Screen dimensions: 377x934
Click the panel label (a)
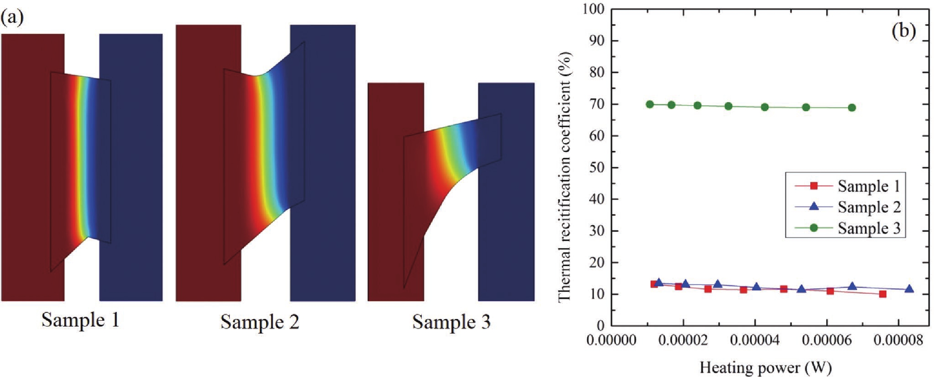[x=12, y=17]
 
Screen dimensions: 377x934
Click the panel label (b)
[x=904, y=31]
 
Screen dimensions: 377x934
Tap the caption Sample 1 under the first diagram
[x=80, y=320]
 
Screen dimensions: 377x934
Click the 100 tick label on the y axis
[x=594, y=9]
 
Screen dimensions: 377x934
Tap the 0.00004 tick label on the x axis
[x=754, y=340]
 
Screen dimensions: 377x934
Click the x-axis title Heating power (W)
[x=765, y=368]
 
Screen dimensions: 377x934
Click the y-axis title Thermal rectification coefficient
[x=564, y=177]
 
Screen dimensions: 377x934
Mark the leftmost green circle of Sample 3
[x=650, y=104]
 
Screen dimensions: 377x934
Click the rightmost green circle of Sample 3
[x=852, y=108]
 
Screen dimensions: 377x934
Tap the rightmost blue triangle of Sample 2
[x=909, y=289]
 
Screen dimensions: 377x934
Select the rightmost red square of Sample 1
[x=883, y=294]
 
